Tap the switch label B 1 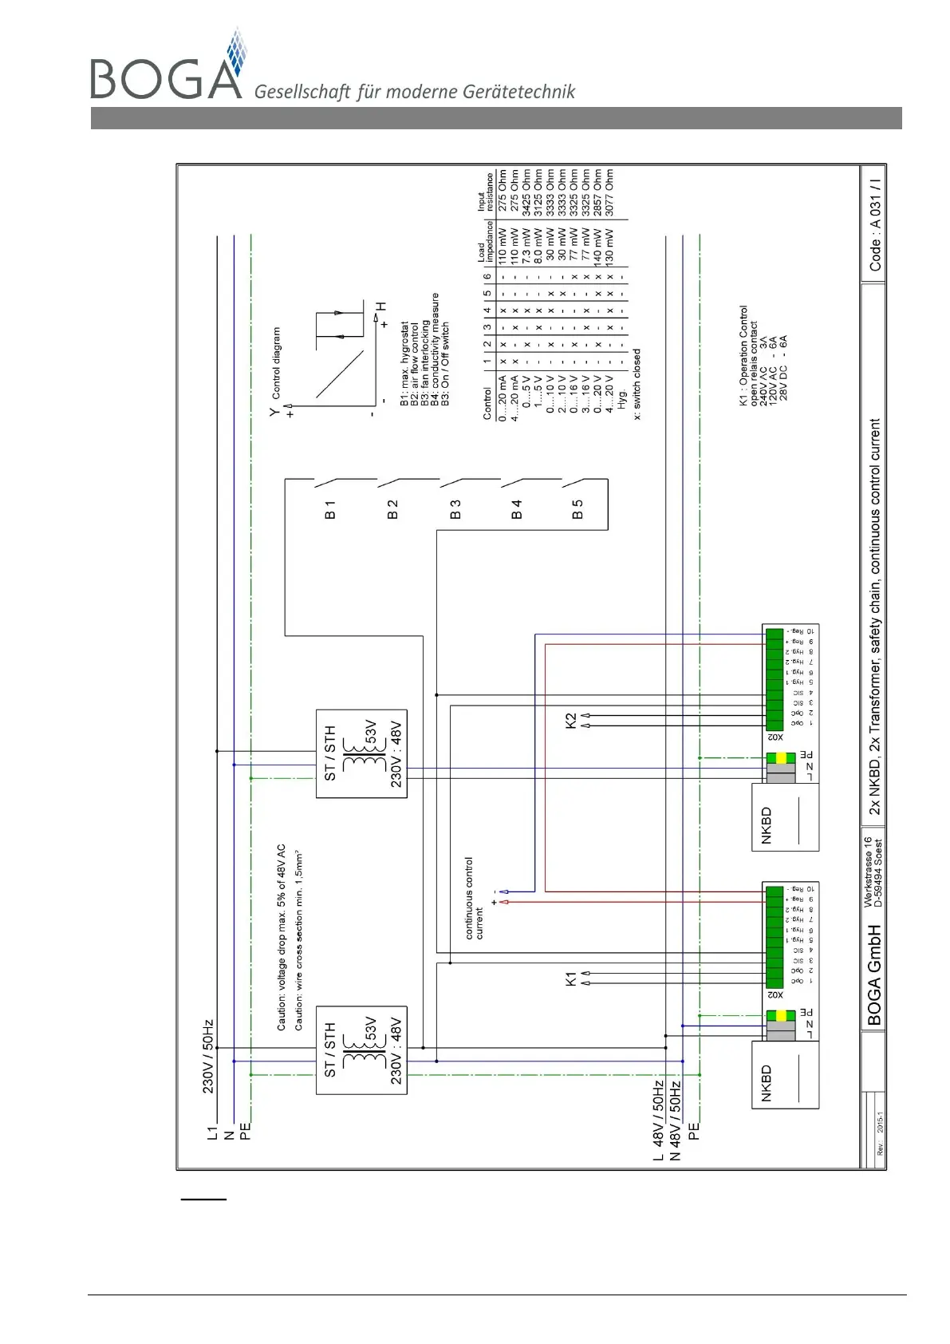[330, 509]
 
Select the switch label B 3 [455, 509]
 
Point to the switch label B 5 [577, 509]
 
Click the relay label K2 [570, 720]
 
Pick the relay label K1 [570, 978]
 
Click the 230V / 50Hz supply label [208, 1055]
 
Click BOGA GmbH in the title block [874, 974]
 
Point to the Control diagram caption [276, 362]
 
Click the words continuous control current [474, 898]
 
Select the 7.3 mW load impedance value [526, 247]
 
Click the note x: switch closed [637, 384]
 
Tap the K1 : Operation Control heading [743, 355]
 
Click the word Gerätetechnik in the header [526, 92]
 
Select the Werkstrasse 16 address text [868, 872]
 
